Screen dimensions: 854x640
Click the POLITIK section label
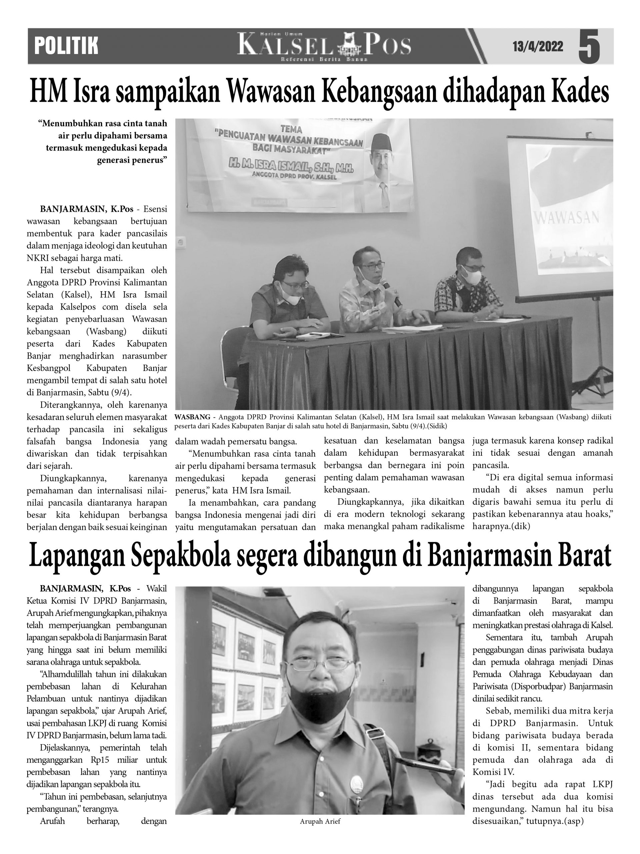[66, 46]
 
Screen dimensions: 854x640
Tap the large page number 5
[589, 47]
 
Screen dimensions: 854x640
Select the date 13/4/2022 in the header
[538, 47]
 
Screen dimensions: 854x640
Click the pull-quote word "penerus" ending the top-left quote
[151, 160]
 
